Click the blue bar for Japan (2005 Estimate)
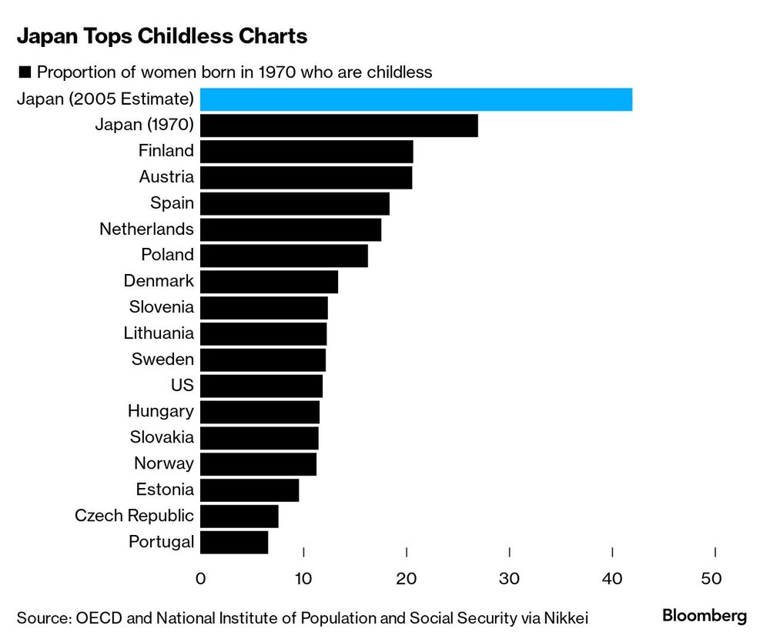[416, 99]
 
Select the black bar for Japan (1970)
[339, 125]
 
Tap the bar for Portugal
[234, 541]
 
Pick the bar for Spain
[295, 203]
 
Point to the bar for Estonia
[249, 490]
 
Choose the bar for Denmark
[269, 282]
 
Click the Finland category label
[166, 151]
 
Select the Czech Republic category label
[134, 516]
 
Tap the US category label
[182, 385]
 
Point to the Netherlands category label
[146, 229]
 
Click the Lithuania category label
[159, 333]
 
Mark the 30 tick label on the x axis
[510, 578]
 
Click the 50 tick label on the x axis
[715, 578]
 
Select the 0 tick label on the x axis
[201, 578]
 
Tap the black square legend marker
[23, 72]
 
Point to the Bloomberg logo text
[705, 616]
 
